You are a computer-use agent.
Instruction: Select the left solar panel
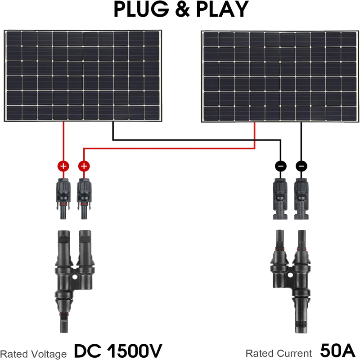coord(83,76)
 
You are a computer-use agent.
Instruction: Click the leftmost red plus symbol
coord(63,166)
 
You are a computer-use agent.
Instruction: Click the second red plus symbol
coord(83,166)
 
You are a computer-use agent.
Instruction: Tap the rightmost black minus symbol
coord(301,166)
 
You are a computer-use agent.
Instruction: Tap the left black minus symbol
coord(281,166)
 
